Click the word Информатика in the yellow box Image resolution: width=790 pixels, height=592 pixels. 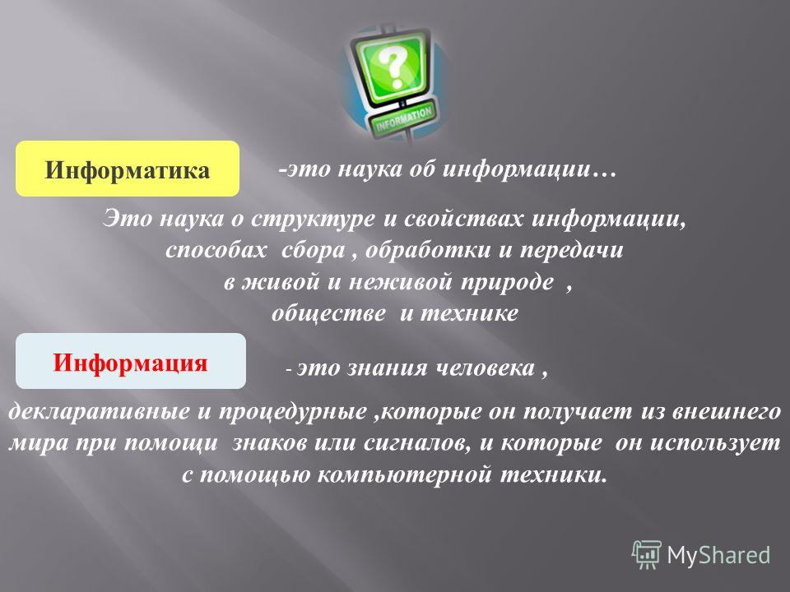click(127, 170)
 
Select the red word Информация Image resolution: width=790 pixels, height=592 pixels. click(131, 363)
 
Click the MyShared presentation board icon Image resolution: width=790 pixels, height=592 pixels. click(647, 555)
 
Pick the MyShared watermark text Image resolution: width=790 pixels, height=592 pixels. click(718, 556)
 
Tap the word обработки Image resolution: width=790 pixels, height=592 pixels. click(428, 250)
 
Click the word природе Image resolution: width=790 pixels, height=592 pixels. click(508, 282)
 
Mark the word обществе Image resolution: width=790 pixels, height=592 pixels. click(329, 313)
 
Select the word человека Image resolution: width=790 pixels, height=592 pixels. click(485, 368)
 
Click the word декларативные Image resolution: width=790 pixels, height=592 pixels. click(100, 412)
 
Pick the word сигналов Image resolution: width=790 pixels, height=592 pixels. click(416, 443)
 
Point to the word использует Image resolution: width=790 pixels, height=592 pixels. click(715, 443)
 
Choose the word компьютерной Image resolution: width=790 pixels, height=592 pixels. click(404, 474)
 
